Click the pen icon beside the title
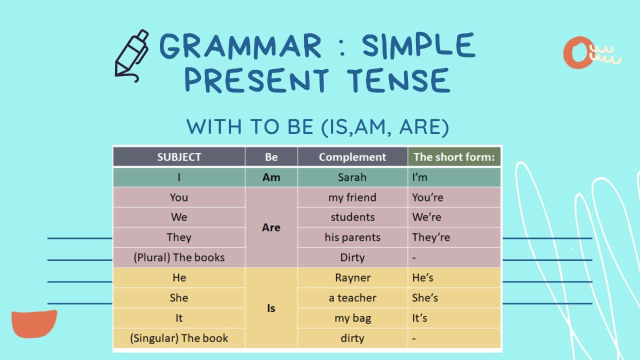(x=131, y=55)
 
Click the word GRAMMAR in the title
(x=241, y=46)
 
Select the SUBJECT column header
(x=179, y=157)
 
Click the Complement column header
(x=352, y=157)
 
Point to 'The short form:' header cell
(x=454, y=157)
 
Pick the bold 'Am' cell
(x=271, y=177)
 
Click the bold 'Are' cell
(x=271, y=227)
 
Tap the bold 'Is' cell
(x=271, y=308)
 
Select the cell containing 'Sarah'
(x=352, y=177)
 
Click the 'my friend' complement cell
(x=352, y=197)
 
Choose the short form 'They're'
(x=431, y=237)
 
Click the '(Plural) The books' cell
(x=179, y=257)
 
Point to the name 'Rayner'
(x=352, y=277)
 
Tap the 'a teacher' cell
(x=352, y=297)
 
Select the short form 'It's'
(x=419, y=318)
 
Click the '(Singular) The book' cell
(x=179, y=338)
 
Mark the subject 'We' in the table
(x=179, y=217)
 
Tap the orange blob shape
(x=34, y=324)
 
